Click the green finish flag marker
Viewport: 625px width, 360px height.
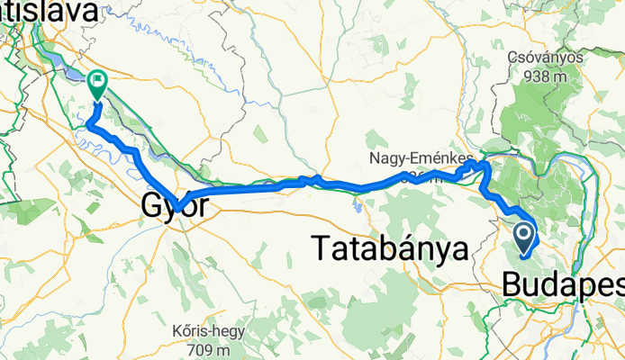pyautogui.click(x=96, y=84)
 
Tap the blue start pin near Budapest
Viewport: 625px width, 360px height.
pyautogui.click(x=525, y=237)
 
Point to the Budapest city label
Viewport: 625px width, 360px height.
pyautogui.click(x=563, y=284)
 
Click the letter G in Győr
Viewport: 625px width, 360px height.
pyautogui.click(x=150, y=207)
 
